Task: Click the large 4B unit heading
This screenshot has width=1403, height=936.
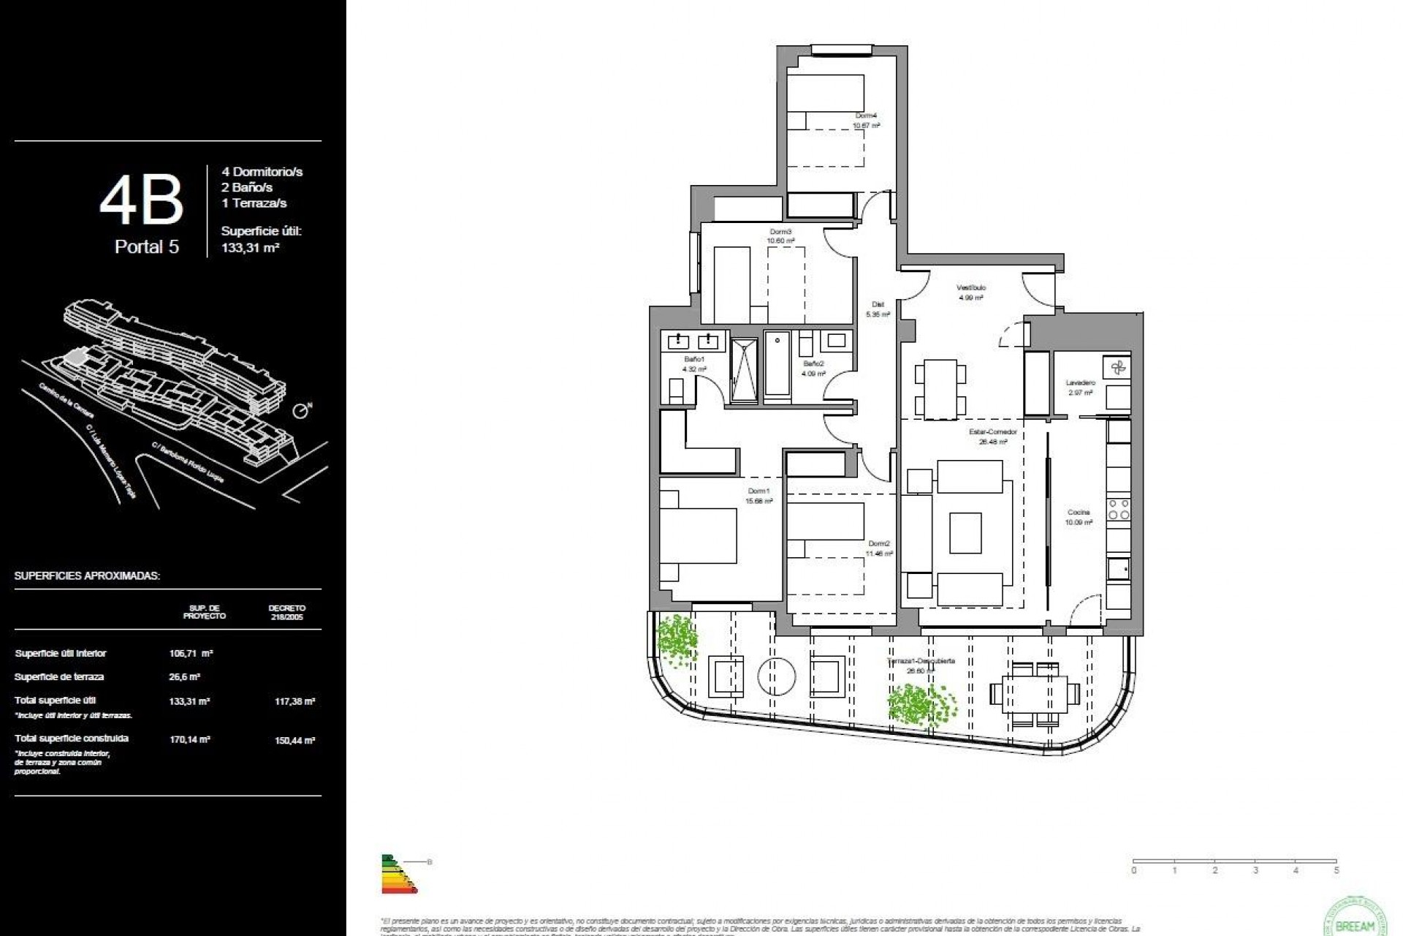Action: [141, 202]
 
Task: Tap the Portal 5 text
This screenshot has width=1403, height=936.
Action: [146, 247]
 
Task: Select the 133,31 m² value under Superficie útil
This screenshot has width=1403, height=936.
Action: [251, 248]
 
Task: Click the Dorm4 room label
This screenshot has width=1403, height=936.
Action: [866, 116]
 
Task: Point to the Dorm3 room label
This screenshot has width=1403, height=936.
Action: [780, 232]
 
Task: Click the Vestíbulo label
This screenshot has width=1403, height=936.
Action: [971, 288]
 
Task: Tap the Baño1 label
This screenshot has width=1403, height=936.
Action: [693, 360]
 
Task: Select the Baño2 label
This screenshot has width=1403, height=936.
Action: [813, 363]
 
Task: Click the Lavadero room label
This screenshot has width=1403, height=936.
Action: [1080, 383]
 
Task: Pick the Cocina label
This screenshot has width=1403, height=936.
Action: [1079, 513]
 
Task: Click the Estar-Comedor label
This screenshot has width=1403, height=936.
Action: [992, 432]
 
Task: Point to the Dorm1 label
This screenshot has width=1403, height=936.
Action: [758, 491]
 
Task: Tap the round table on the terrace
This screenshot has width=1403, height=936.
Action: [777, 676]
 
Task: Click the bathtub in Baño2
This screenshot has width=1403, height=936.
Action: [777, 366]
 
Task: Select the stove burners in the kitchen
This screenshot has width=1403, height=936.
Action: [1119, 510]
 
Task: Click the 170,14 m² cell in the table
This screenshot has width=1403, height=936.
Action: [189, 740]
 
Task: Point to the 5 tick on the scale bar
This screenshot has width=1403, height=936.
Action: [1337, 870]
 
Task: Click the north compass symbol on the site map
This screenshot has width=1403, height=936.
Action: [300, 412]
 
